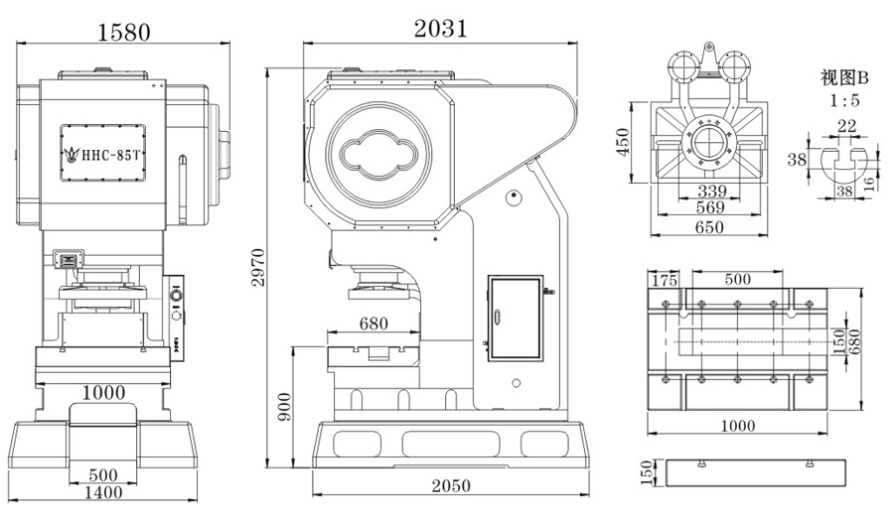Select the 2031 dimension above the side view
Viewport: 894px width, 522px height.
pos(440,29)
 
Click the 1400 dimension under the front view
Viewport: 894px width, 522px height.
pos(103,491)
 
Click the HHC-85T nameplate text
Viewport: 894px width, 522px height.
pos(110,155)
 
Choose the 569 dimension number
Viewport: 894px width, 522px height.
pos(709,208)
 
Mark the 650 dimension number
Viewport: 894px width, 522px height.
pos(709,227)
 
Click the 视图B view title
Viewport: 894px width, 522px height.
pos(844,77)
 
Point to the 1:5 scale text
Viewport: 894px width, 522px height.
pos(845,100)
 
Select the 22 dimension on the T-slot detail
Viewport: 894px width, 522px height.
pos(845,125)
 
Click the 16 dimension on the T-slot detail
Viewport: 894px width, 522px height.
pos(870,182)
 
